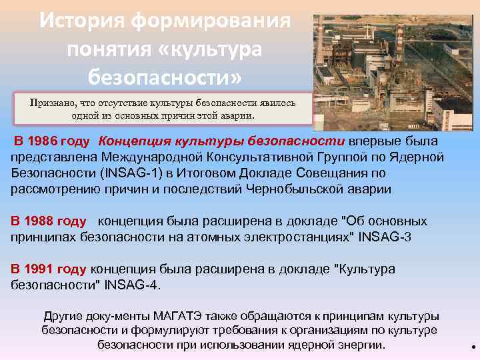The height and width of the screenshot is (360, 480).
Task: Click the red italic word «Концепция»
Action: pos(137,141)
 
